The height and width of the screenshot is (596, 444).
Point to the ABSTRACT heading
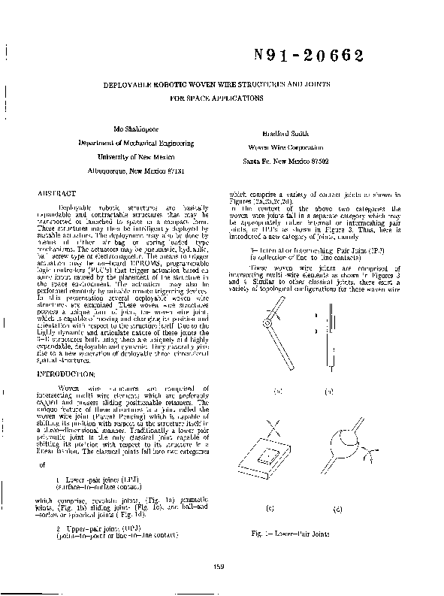tap(58, 193)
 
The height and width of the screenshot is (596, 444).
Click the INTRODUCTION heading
tap(67, 374)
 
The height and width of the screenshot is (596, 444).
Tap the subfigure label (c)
tap(270, 510)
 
